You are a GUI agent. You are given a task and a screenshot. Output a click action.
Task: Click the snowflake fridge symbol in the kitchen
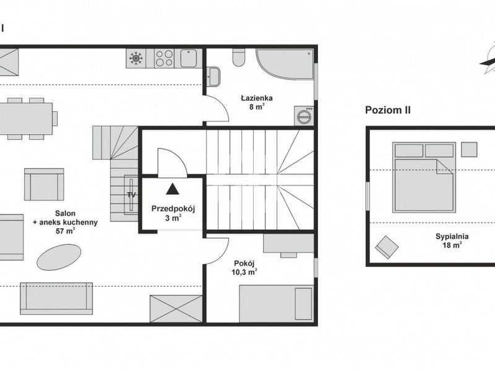pyautogui.click(x=136, y=58)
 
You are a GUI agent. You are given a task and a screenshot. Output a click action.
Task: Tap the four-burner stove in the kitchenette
pyautogui.click(x=165, y=58)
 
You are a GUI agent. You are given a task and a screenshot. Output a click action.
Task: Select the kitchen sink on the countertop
pyautogui.click(x=189, y=58)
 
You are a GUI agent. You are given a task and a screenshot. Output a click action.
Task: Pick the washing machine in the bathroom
pyautogui.click(x=304, y=116)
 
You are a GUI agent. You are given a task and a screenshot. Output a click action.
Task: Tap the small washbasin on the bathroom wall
pyautogui.click(x=213, y=76)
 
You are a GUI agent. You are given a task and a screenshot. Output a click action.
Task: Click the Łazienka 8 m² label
pyautogui.click(x=256, y=102)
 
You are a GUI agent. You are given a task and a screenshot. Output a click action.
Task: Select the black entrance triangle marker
pyautogui.click(x=173, y=189)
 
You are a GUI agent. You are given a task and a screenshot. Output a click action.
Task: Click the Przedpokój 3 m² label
pyautogui.click(x=173, y=213)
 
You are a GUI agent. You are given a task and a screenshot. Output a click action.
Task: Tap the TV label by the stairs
pyautogui.click(x=131, y=195)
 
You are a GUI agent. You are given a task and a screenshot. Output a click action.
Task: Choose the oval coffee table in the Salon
pyautogui.click(x=59, y=257)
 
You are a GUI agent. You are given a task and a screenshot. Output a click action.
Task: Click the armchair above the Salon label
pyautogui.click(x=44, y=184)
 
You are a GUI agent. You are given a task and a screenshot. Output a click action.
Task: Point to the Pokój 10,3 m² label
pyautogui.click(x=244, y=268)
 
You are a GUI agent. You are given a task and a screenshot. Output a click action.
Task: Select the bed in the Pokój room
pyautogui.click(x=277, y=304)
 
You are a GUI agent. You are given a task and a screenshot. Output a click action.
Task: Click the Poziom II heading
pyautogui.click(x=388, y=110)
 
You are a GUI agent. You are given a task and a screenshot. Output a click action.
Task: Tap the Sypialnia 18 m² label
pyautogui.click(x=452, y=241)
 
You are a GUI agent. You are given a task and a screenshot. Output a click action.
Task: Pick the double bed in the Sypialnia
pyautogui.click(x=424, y=177)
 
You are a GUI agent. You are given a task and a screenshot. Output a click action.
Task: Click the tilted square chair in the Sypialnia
pyautogui.click(x=387, y=247)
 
